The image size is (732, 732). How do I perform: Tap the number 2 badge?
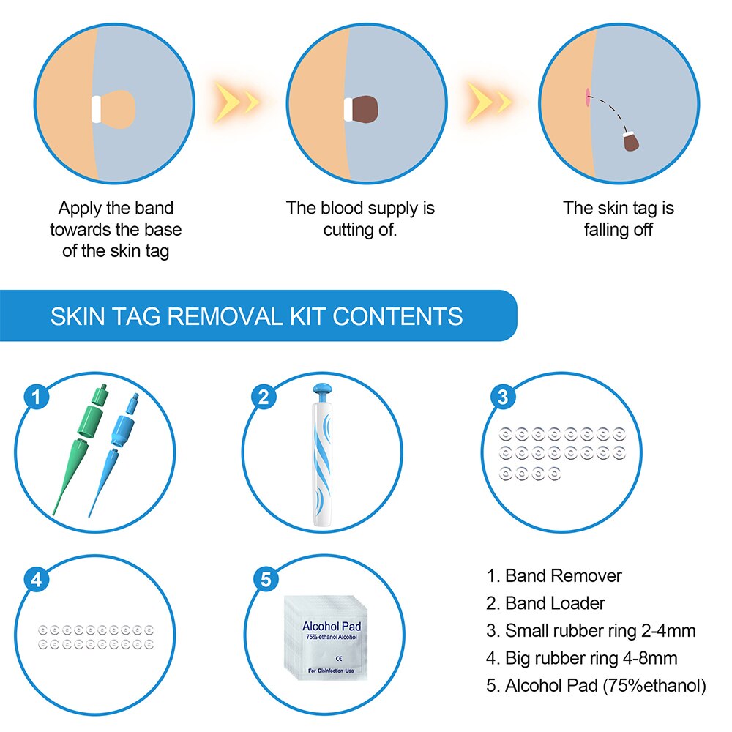265,397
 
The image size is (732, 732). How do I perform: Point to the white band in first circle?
94,108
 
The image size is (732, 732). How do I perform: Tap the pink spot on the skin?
587,96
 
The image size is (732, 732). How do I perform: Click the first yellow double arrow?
236,100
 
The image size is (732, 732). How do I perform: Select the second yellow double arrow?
489,100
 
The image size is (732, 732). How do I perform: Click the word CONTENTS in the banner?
397,316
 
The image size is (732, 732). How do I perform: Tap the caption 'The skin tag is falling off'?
618,218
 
